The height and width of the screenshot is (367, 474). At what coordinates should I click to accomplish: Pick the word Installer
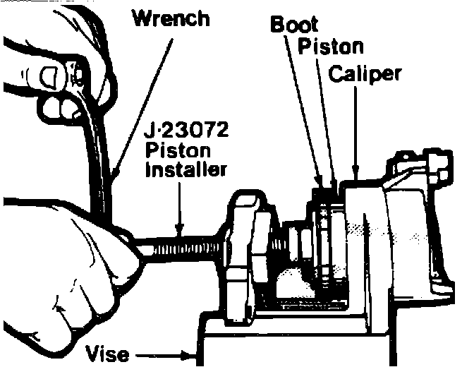(x=185, y=170)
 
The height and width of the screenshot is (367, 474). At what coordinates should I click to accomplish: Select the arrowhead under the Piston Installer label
(x=180, y=229)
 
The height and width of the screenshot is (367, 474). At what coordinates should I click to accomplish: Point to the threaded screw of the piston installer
(x=183, y=246)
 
